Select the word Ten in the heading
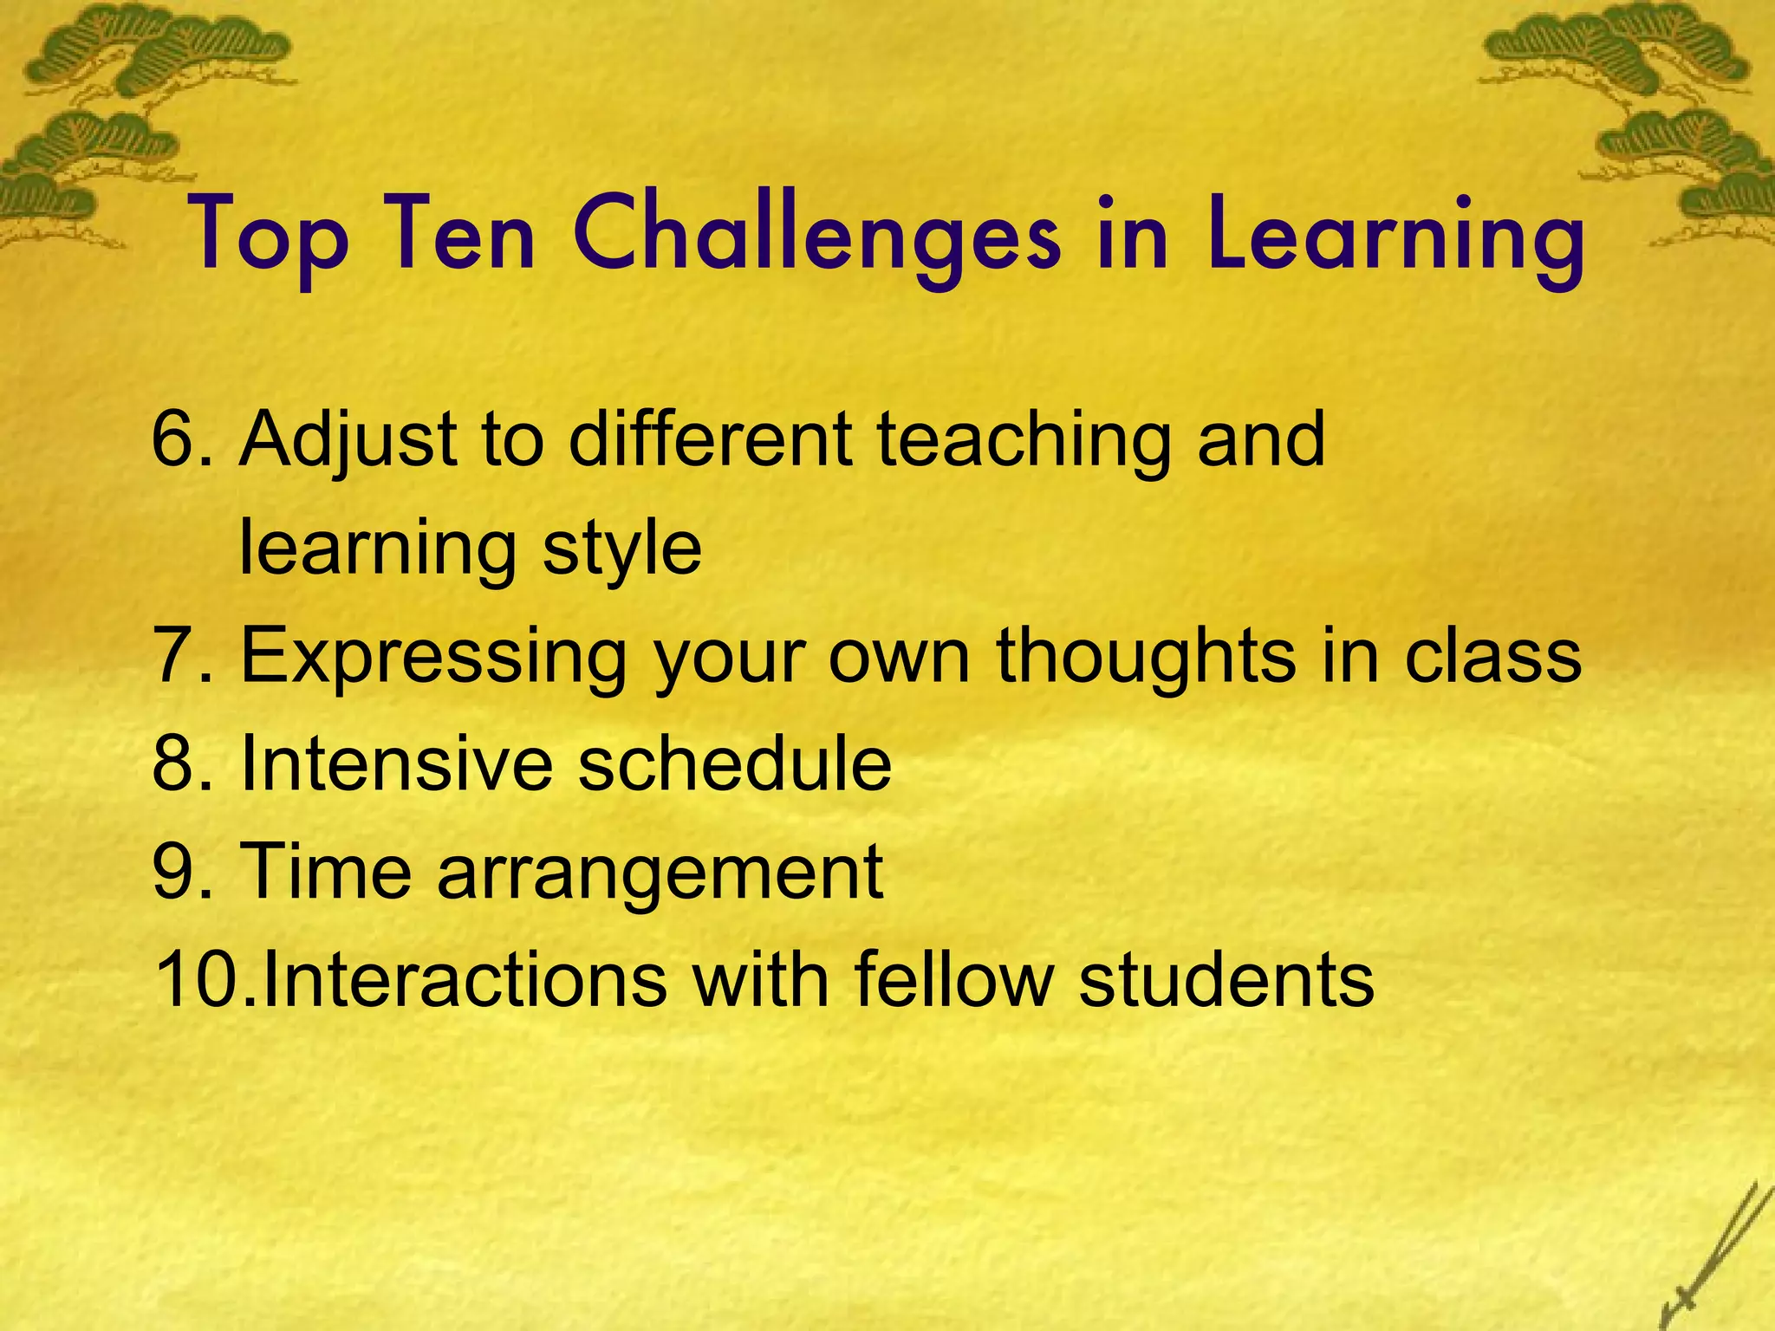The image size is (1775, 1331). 460,236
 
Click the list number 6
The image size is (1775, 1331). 180,439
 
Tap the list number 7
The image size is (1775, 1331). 180,656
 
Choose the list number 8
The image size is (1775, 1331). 180,764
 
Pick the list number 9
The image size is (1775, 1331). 180,872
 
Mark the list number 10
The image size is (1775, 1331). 201,980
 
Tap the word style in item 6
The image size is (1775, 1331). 622,549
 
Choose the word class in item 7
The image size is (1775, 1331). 1492,656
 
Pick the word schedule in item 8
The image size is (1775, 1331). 735,764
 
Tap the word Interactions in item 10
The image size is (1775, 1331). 465,980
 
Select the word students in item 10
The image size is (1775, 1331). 1226,980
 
